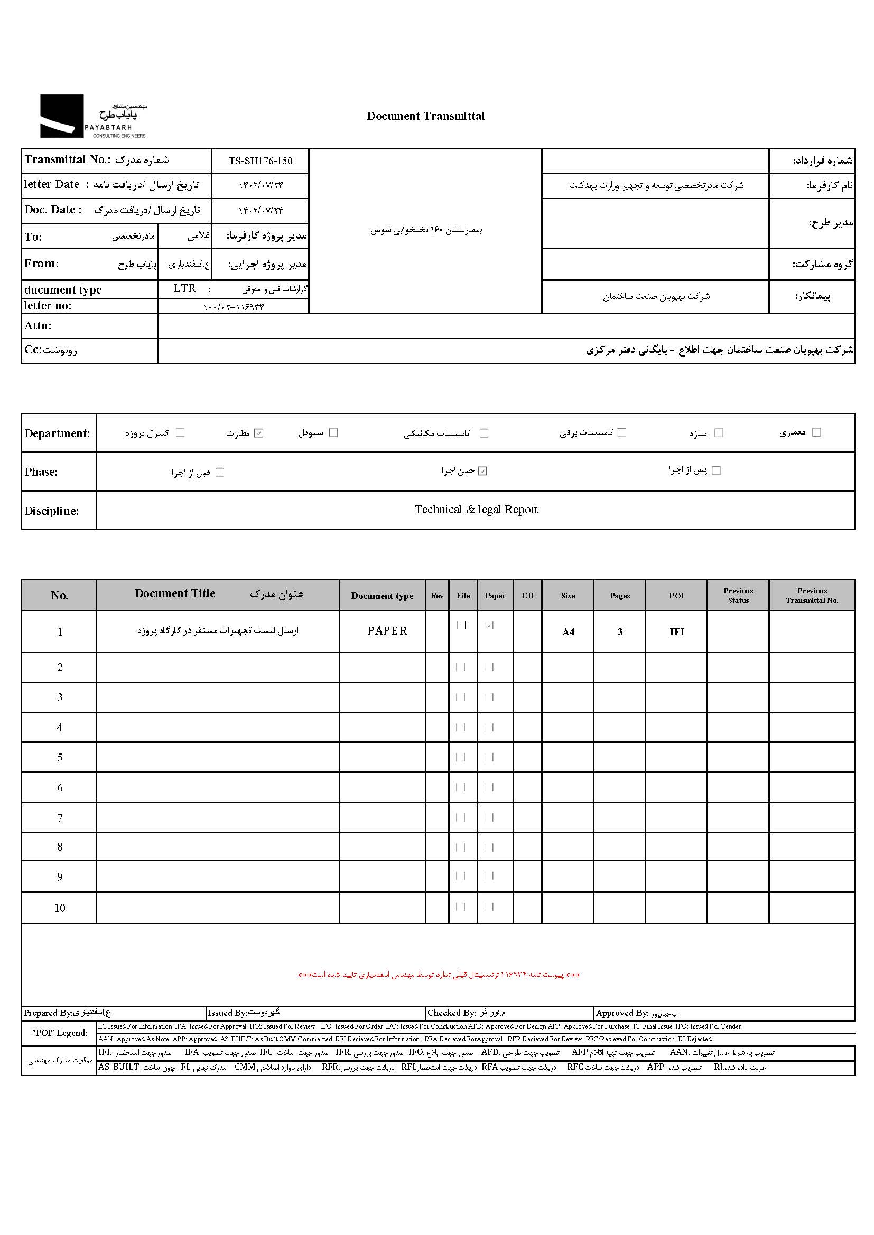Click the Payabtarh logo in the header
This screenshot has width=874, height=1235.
[92, 116]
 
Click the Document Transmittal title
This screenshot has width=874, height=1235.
[425, 116]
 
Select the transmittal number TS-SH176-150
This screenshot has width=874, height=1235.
[261, 161]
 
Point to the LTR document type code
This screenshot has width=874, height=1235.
[184, 289]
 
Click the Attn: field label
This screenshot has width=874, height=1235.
[38, 326]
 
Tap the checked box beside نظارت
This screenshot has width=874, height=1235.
[259, 433]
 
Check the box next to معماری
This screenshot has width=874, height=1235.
[816, 432]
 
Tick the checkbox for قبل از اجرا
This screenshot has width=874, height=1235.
[220, 472]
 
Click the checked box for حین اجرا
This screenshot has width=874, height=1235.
[483, 471]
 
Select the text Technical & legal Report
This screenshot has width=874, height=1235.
[476, 510]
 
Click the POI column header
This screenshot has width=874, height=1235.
[676, 596]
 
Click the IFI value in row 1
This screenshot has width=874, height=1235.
[676, 632]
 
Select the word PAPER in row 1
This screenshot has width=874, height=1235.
[387, 631]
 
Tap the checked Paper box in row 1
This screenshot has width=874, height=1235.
[489, 626]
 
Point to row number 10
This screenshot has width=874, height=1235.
[60, 908]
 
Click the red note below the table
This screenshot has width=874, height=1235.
[439, 975]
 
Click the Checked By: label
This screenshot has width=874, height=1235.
[451, 1013]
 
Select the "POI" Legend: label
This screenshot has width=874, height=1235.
[59, 1033]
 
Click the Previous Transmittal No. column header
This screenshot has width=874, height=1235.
[812, 596]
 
